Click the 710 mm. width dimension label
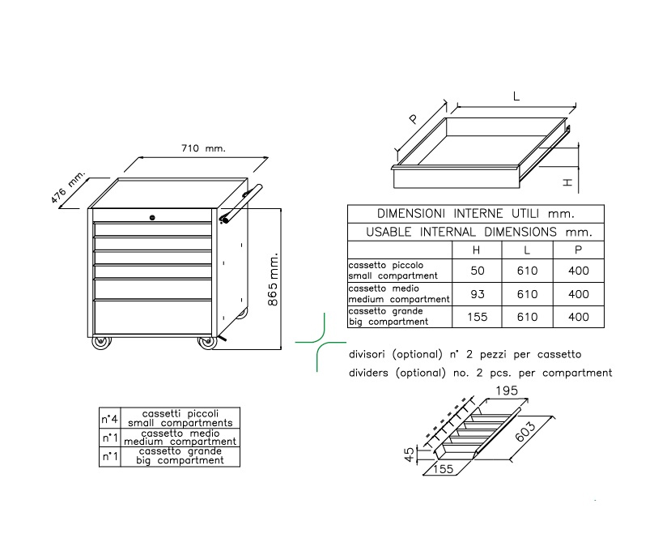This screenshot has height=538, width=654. point(203,148)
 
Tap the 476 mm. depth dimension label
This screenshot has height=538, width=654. point(67,186)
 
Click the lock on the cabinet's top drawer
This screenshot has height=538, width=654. point(152,217)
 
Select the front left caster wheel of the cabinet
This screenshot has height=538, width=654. point(101,342)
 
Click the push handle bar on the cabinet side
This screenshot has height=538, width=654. point(241,203)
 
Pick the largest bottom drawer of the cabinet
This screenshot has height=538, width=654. point(153,317)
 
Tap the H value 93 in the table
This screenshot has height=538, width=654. point(478,294)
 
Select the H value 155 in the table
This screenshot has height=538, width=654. point(478,317)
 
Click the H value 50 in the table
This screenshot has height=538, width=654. point(478,271)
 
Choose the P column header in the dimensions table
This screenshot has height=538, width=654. point(578,250)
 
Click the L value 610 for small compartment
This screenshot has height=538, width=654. point(527,271)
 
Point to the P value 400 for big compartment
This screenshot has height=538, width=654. point(578,317)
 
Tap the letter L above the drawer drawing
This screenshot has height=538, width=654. point(516,97)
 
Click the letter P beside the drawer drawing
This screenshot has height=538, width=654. point(414,119)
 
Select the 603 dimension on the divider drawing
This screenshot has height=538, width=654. point(525,432)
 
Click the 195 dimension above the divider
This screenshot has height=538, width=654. point(507,391)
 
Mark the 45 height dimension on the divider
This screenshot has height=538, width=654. point(410,455)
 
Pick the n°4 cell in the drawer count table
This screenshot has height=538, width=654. point(110,419)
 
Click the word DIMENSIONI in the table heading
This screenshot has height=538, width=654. point(410,214)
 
